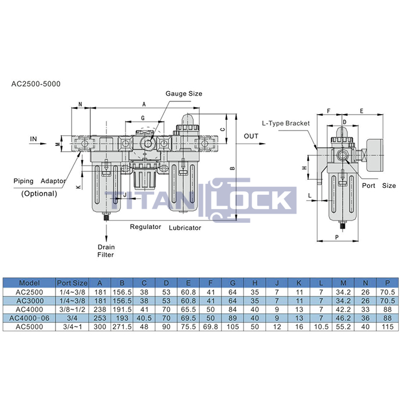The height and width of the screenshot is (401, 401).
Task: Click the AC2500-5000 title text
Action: [36, 84]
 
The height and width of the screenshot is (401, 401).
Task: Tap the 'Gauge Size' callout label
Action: [184, 93]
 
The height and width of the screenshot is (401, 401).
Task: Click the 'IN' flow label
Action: [33, 139]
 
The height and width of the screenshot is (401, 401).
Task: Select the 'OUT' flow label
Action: [251, 136]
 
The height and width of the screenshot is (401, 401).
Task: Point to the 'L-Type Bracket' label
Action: [286, 123]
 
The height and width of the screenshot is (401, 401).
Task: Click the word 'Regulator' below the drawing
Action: [146, 227]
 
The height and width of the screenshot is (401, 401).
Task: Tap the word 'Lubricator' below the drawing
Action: [185, 227]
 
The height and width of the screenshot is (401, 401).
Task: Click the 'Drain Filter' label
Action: [106, 251]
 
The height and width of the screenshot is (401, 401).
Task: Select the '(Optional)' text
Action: [39, 194]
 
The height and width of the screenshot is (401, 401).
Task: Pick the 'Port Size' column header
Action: [72, 283]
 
